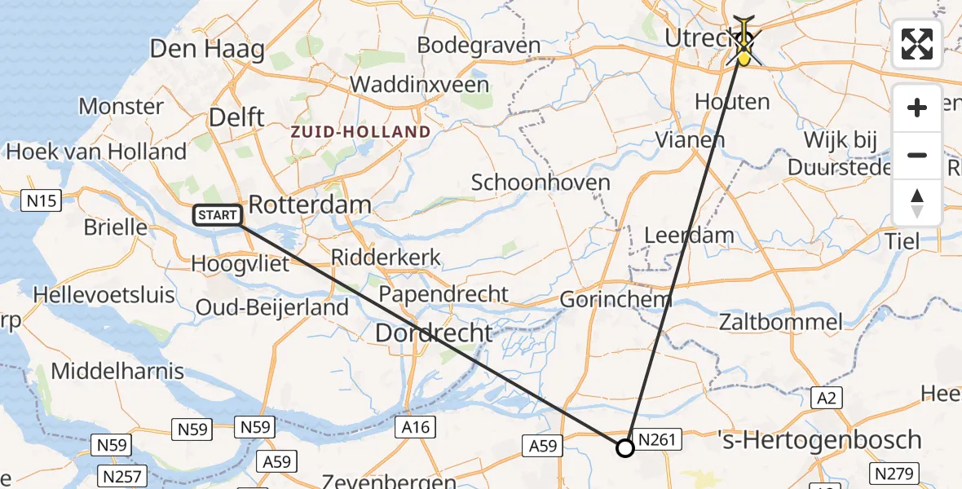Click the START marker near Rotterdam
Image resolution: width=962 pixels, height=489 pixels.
point(218,216)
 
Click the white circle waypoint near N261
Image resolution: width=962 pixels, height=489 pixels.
point(624,447)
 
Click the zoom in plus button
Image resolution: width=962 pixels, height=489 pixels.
point(917,108)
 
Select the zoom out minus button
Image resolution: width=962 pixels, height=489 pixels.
point(917,155)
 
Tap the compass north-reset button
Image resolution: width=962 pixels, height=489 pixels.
point(917,202)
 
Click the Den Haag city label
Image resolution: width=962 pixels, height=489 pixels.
point(207,49)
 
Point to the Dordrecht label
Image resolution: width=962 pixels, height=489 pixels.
point(434,333)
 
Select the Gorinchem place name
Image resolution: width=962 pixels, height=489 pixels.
point(616,299)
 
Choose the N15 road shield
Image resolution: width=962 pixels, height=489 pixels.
point(41,200)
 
